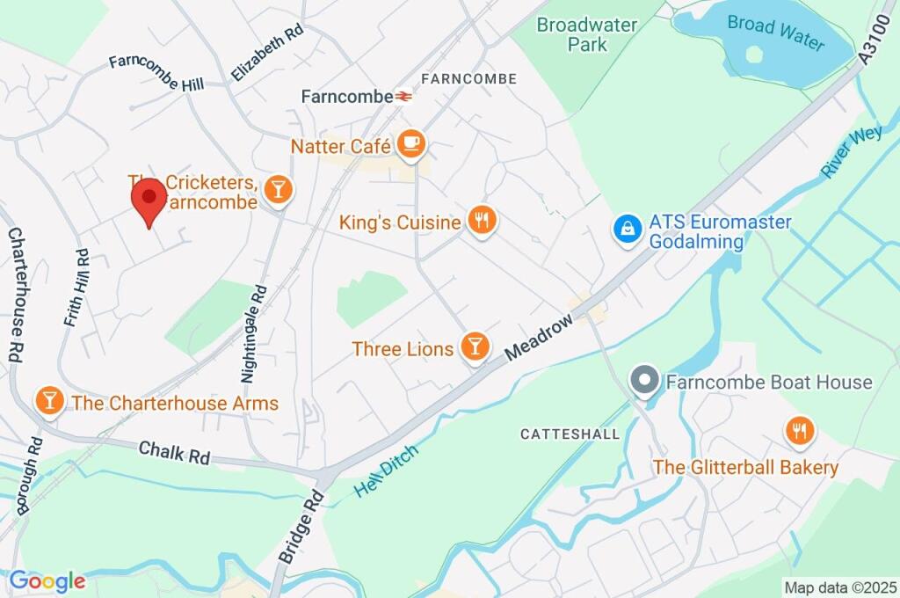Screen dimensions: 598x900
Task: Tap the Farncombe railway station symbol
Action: (x=403, y=97)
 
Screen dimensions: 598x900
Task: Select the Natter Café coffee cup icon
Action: (x=410, y=144)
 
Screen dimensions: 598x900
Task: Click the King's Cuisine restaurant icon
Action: (x=481, y=222)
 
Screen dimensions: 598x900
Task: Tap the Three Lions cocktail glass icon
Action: (x=475, y=347)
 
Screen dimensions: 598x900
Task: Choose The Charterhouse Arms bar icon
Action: (x=49, y=402)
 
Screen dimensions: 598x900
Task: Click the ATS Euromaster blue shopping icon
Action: (x=627, y=230)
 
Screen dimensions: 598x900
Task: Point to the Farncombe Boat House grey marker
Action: (x=645, y=382)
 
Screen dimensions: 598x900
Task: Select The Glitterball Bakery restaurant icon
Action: (x=800, y=432)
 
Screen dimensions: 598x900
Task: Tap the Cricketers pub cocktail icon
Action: (x=278, y=188)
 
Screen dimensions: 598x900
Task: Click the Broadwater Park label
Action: (x=587, y=34)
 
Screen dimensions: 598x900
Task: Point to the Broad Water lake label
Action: (x=776, y=34)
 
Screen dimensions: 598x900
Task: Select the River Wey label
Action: (x=852, y=151)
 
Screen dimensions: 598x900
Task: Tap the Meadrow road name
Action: (x=540, y=338)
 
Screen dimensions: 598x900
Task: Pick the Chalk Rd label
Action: (x=175, y=453)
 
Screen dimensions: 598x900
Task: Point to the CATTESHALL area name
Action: (x=570, y=434)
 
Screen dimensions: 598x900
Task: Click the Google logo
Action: (x=47, y=581)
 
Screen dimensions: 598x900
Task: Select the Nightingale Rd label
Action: (x=252, y=332)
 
